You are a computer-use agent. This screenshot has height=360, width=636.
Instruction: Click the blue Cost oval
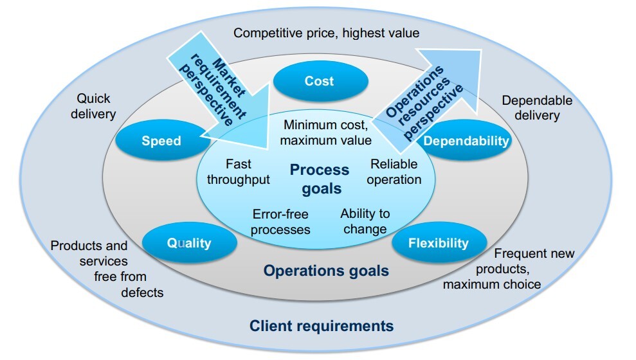pos(320,81)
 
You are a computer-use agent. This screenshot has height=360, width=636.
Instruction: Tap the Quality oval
pos(188,243)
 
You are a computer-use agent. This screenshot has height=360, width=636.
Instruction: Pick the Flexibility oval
pos(439,243)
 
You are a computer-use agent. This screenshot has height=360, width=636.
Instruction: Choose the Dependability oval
pos(467,141)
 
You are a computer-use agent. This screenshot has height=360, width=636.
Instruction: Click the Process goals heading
pos(320,179)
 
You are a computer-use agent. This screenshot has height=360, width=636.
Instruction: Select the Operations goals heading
pos(326,271)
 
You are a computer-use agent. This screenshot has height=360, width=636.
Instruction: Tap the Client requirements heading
pos(322,325)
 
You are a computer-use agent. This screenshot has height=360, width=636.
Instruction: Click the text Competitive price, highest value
pos(327,32)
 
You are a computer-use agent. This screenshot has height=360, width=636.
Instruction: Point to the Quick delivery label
pos(96,106)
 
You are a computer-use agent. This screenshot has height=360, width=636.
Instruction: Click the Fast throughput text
pos(238,172)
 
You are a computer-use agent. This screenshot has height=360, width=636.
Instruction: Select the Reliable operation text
pos(394,172)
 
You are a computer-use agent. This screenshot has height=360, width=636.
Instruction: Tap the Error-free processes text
pos(281,221)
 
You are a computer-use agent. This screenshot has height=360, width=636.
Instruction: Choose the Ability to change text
pos(365,221)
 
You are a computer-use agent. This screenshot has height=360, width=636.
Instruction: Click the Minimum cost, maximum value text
pos(327,132)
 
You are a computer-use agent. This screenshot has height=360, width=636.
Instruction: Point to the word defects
pos(142,292)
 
